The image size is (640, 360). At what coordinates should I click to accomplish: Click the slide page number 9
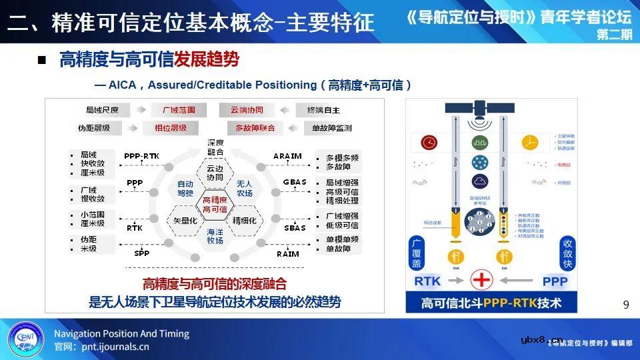click(625, 305)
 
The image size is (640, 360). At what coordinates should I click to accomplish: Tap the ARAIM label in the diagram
click(287, 156)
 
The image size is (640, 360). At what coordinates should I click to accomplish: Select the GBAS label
click(294, 181)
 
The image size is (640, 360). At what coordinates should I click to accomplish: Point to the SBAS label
click(294, 227)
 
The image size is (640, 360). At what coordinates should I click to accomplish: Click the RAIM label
click(287, 253)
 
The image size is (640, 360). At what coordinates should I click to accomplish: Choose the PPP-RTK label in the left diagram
click(141, 156)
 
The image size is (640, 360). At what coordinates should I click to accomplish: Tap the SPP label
click(141, 253)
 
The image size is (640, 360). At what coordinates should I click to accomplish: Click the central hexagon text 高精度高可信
click(215, 205)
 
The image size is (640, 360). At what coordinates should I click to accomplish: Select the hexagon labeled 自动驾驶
click(185, 188)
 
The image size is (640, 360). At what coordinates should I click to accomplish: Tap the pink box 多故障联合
click(255, 127)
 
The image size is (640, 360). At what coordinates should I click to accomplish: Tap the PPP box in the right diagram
click(555, 281)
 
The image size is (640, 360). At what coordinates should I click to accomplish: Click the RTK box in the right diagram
click(428, 281)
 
